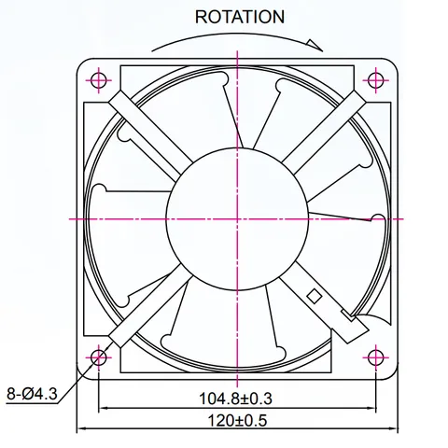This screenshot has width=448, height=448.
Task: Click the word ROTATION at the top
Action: (x=240, y=17)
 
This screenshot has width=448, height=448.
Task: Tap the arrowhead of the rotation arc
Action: (x=315, y=45)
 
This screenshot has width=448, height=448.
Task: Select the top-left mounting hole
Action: (x=99, y=80)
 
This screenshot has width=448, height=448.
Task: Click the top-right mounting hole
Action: (x=376, y=80)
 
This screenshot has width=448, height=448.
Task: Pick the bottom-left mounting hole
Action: (x=99, y=357)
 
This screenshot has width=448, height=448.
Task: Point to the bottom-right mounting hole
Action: (x=376, y=357)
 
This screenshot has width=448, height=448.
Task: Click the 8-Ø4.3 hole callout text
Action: (x=32, y=394)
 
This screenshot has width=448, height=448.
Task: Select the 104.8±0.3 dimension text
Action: (x=235, y=399)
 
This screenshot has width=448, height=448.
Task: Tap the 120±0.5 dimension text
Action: (x=237, y=421)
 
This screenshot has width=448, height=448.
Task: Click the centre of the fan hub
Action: (x=237, y=218)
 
